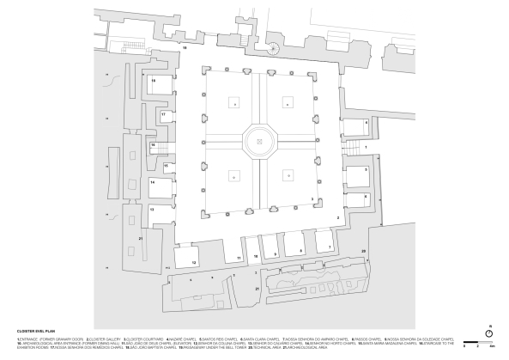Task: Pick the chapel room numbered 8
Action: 296,248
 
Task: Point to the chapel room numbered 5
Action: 356,175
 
